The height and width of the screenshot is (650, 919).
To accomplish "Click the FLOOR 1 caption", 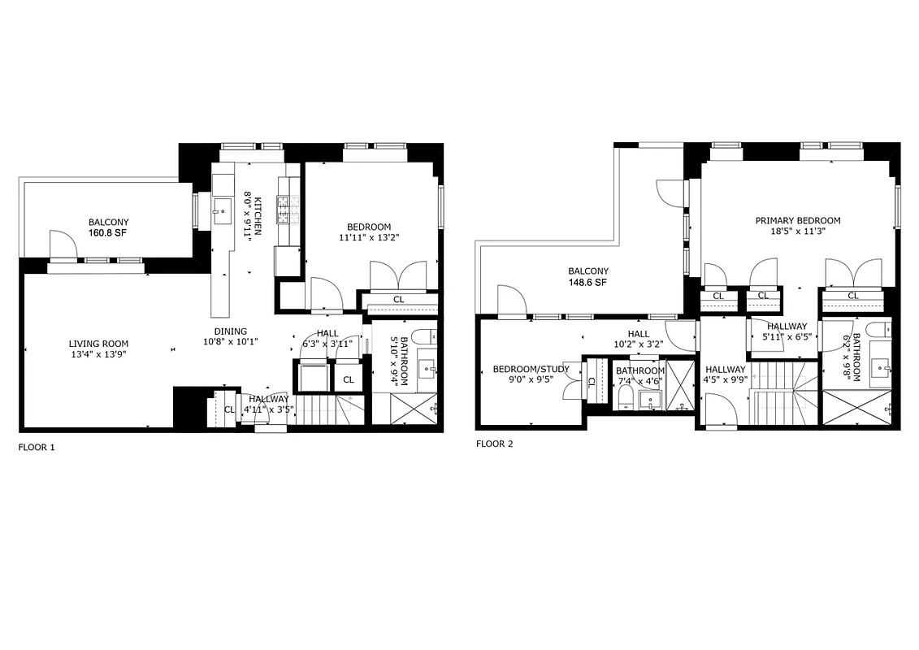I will pos(37,447).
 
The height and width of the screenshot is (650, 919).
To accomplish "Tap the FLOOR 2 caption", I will pos(494,444).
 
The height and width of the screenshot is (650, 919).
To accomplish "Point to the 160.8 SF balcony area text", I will pos(108,233).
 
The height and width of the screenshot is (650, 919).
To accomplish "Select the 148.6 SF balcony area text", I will pos(587,283).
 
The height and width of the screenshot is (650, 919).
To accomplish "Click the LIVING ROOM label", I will pos(98,344).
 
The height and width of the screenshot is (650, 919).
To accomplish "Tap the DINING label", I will pos(230,331).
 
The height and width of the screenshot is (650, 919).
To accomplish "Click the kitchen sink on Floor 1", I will pos(219,212).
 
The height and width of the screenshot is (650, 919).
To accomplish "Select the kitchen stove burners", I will pos(284,211).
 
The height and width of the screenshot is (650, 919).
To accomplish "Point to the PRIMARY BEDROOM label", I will pos(797,220).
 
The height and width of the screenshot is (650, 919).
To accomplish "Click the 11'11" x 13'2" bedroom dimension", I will pos(368,238).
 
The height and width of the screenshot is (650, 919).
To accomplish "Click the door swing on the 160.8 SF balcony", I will pos(62,244).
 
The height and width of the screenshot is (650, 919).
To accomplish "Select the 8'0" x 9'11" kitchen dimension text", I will pos(254,216).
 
